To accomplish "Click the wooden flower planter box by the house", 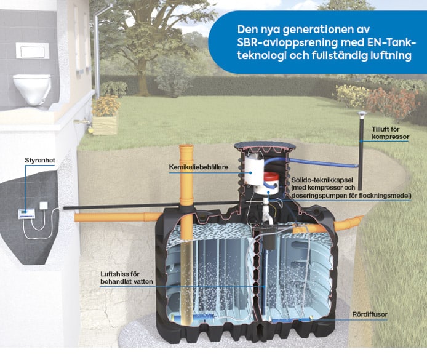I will [x=105, y=122].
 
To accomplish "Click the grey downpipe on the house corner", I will [x=98, y=49].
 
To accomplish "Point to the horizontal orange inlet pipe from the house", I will [x=117, y=217].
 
